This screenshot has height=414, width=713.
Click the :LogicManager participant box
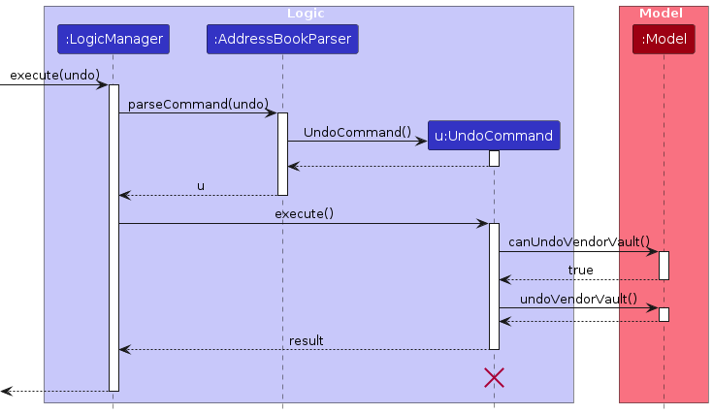(x=113, y=39)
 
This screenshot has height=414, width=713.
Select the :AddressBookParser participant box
(x=282, y=39)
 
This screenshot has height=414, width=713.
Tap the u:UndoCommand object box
(x=494, y=136)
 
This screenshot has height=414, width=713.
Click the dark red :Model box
(x=664, y=39)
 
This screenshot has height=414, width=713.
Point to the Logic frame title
(x=307, y=14)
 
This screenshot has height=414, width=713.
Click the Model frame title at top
(x=663, y=14)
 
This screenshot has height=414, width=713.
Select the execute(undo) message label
(x=54, y=75)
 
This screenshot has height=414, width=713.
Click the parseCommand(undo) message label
(x=198, y=104)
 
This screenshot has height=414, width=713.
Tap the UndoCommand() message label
(x=356, y=132)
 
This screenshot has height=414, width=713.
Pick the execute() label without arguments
(x=304, y=213)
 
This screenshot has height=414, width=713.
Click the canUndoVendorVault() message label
(x=579, y=241)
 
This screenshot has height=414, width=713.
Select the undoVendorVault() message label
(x=578, y=300)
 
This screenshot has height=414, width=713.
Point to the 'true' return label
(x=580, y=271)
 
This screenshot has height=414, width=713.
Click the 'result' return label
(x=306, y=340)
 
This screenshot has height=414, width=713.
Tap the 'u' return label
(x=201, y=185)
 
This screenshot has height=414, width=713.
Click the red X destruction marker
(x=494, y=378)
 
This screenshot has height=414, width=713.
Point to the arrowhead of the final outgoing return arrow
(x=6, y=391)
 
